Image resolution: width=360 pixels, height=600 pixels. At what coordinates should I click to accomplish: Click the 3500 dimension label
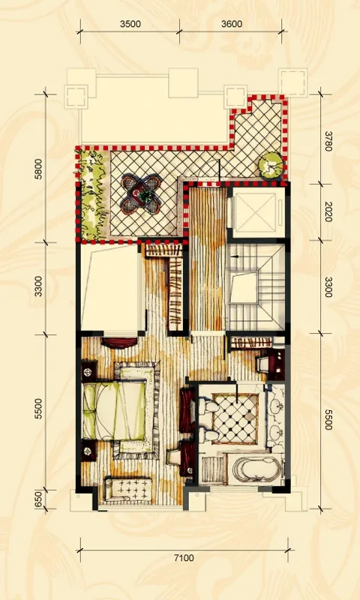[130, 24]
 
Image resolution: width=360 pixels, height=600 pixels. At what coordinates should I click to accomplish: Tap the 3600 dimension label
[232, 24]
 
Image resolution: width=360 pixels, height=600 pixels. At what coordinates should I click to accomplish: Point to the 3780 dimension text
[328, 142]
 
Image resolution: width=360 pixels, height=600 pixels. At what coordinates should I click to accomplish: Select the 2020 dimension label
[328, 211]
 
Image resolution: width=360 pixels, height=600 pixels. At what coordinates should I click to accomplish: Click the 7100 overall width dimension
[184, 558]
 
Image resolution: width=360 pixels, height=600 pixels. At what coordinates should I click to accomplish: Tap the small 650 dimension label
[38, 499]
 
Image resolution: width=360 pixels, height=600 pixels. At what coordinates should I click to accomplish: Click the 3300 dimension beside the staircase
[328, 287]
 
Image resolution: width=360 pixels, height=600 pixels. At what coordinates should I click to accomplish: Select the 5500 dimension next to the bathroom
[328, 419]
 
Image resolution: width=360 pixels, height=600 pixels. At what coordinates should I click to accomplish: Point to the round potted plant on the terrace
[271, 165]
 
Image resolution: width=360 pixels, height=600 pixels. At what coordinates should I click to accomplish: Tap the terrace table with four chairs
[141, 194]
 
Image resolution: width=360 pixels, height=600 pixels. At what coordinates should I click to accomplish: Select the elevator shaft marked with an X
[256, 212]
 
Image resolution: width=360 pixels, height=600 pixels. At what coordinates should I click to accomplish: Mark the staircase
[256, 287]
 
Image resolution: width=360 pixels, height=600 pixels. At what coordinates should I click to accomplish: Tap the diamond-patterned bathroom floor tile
[235, 418]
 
